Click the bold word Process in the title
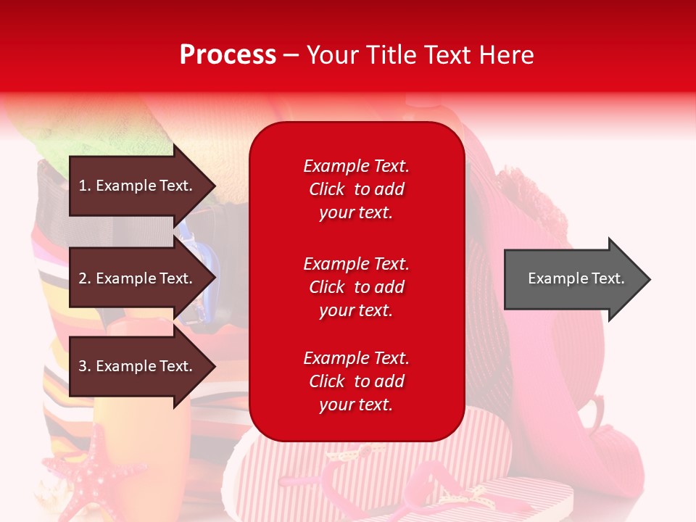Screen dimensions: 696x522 tap(228, 55)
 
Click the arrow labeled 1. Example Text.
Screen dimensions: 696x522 tap(142, 186)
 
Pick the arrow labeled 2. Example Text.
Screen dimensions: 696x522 tap(142, 278)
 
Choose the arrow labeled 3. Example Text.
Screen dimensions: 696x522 tap(142, 365)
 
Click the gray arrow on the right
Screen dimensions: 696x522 tap(577, 279)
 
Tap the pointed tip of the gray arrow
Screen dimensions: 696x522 tap(650, 279)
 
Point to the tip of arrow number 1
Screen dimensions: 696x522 tap(216, 186)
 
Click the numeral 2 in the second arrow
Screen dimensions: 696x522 tap(83, 278)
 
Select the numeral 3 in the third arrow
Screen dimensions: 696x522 tap(83, 366)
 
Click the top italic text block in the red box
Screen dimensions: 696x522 tap(356, 189)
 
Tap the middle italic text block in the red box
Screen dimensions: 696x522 tap(356, 287)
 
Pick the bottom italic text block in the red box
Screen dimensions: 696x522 tap(356, 381)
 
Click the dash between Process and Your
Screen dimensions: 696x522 tap(291, 57)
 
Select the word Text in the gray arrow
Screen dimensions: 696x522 tap(608, 278)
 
